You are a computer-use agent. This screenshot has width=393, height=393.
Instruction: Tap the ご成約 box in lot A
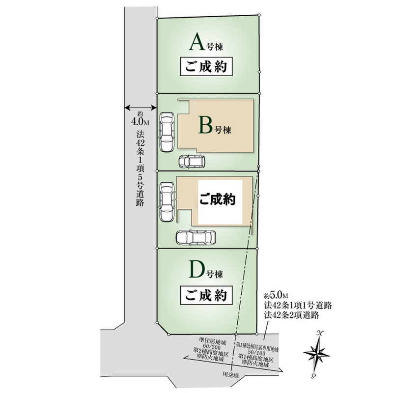(206, 67)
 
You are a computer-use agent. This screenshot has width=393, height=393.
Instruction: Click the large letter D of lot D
(196, 270)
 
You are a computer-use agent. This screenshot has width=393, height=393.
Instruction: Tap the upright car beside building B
(167, 131)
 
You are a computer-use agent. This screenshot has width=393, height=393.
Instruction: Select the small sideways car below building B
(192, 161)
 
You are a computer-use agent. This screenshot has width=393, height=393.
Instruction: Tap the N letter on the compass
(320, 333)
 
